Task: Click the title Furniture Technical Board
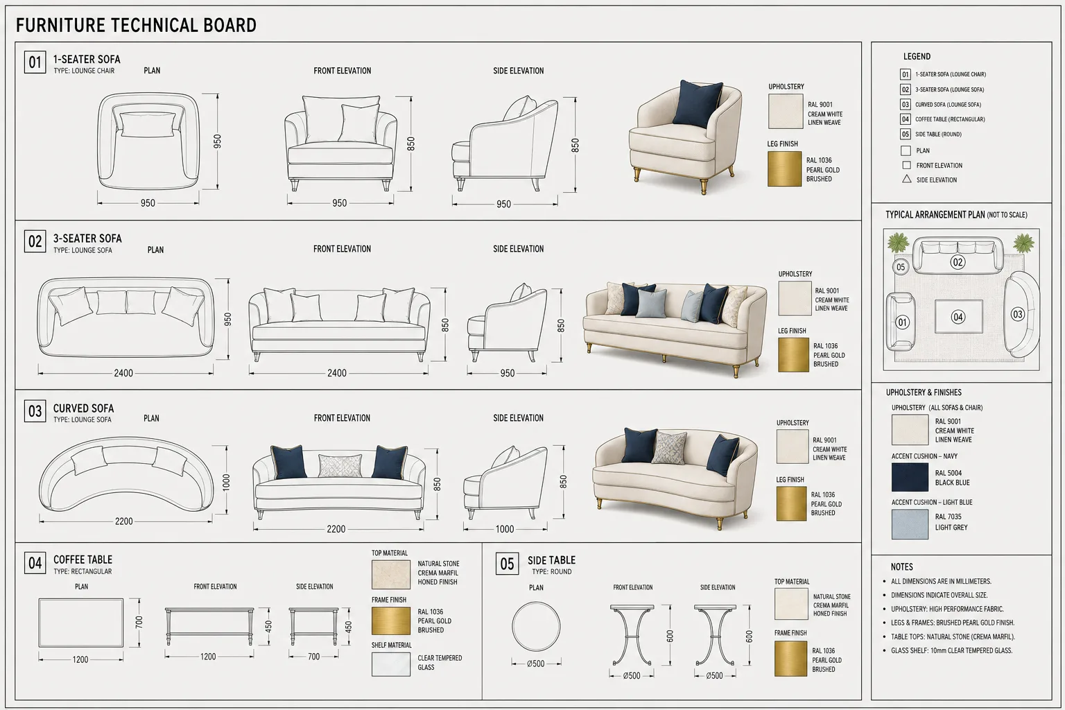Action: [x=136, y=25]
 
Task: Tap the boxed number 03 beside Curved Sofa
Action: [x=35, y=411]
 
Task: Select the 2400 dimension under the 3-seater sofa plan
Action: [x=123, y=373]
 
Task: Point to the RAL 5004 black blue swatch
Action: [x=910, y=477]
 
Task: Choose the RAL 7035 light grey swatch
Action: [x=910, y=524]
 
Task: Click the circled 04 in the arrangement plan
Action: [x=958, y=317]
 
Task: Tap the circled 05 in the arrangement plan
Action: [x=901, y=267]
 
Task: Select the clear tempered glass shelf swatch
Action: [x=391, y=664]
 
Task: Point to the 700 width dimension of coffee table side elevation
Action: [x=314, y=656]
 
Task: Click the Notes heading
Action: [x=902, y=567]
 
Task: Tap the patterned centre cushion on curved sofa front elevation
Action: [x=340, y=466]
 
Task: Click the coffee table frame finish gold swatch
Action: [x=391, y=621]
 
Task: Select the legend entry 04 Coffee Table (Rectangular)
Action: [x=942, y=119]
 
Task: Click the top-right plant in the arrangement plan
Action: [x=1023, y=243]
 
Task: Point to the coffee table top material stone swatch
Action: [x=391, y=575]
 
